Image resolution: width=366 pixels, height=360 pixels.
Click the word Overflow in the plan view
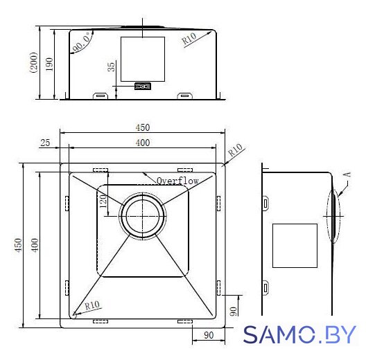click(177, 181)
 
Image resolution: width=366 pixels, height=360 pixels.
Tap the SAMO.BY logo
click(299, 335)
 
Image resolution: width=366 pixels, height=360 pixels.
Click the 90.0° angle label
click(81, 43)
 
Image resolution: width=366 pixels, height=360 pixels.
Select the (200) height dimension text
click(33, 62)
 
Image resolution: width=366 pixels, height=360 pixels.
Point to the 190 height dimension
click(49, 64)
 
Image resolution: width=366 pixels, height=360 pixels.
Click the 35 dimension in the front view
click(112, 66)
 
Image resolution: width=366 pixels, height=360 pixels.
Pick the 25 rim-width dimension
click(45, 143)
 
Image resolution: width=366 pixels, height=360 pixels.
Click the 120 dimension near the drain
click(103, 201)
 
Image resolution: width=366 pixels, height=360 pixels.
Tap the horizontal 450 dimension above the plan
click(143, 127)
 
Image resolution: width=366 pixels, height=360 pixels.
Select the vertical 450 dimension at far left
click(18, 245)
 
